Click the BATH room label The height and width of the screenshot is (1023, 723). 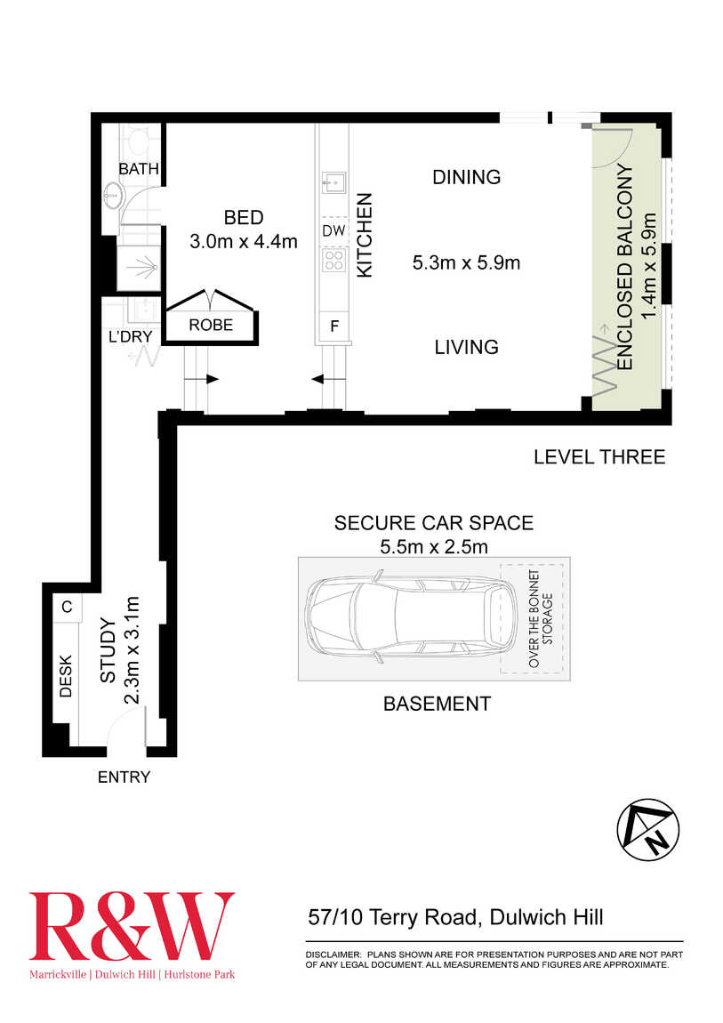[139, 169]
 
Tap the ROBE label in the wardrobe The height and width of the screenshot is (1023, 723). [211, 325]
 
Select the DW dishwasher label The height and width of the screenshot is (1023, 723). [333, 230]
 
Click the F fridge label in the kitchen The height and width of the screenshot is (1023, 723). [334, 326]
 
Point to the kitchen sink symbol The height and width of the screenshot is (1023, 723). [333, 182]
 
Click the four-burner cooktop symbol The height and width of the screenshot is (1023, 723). [333, 260]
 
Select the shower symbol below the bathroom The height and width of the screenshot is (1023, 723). [139, 268]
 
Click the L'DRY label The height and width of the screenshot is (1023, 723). [131, 336]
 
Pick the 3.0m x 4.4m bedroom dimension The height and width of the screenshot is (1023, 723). [244, 241]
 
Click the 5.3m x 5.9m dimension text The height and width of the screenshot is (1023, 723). [466, 263]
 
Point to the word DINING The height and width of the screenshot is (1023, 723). [467, 177]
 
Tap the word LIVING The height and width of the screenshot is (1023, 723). [467, 347]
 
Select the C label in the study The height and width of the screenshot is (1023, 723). [68, 607]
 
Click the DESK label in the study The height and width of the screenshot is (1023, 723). [66, 677]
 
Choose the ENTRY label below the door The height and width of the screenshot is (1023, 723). [124, 777]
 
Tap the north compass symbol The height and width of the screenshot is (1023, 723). [648, 830]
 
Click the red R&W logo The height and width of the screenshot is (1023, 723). [132, 926]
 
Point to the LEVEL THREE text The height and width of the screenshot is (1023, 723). [599, 456]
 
